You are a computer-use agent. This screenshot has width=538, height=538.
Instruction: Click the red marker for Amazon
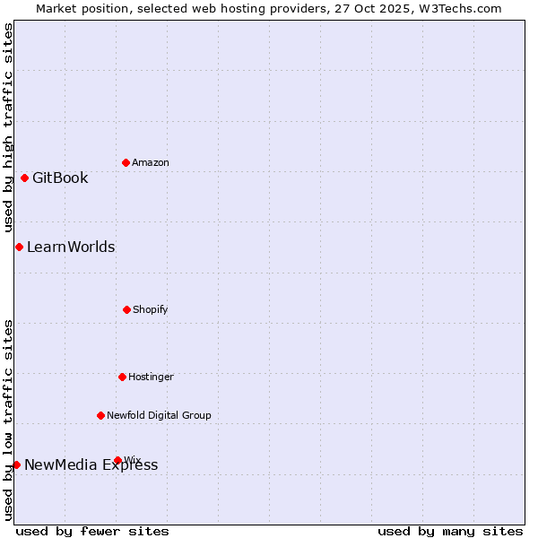[x=126, y=162]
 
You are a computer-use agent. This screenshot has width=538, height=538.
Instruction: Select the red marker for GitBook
[x=24, y=178]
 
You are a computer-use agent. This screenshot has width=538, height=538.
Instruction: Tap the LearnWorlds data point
[x=19, y=247]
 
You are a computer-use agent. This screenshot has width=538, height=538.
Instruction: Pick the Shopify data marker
[x=126, y=309]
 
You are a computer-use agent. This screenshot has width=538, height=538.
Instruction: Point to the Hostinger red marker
[x=122, y=377]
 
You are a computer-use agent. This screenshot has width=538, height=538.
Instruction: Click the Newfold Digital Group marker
[x=100, y=415]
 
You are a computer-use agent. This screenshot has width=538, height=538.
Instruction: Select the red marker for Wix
[x=117, y=460]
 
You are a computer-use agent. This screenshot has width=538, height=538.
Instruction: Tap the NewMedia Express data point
[x=16, y=464]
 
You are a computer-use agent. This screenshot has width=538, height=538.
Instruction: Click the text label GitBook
[x=60, y=178]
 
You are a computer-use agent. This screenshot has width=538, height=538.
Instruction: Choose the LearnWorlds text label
[x=71, y=247]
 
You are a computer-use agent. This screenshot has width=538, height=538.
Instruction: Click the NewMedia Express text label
[x=91, y=464]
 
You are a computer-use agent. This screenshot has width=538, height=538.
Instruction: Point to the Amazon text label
[x=151, y=162]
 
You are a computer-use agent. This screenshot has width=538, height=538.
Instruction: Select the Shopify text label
[x=151, y=309]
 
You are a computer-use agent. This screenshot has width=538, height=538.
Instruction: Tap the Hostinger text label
[x=151, y=377]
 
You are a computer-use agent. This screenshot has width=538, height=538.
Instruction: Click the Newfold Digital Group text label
[x=159, y=415]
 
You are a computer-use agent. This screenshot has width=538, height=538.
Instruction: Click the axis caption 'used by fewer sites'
[x=92, y=531]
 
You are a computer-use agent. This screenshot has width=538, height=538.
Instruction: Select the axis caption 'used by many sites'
[x=450, y=531]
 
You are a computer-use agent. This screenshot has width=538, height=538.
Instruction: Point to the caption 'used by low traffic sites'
[x=9, y=420]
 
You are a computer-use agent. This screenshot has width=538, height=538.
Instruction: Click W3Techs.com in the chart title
[x=456, y=8]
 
